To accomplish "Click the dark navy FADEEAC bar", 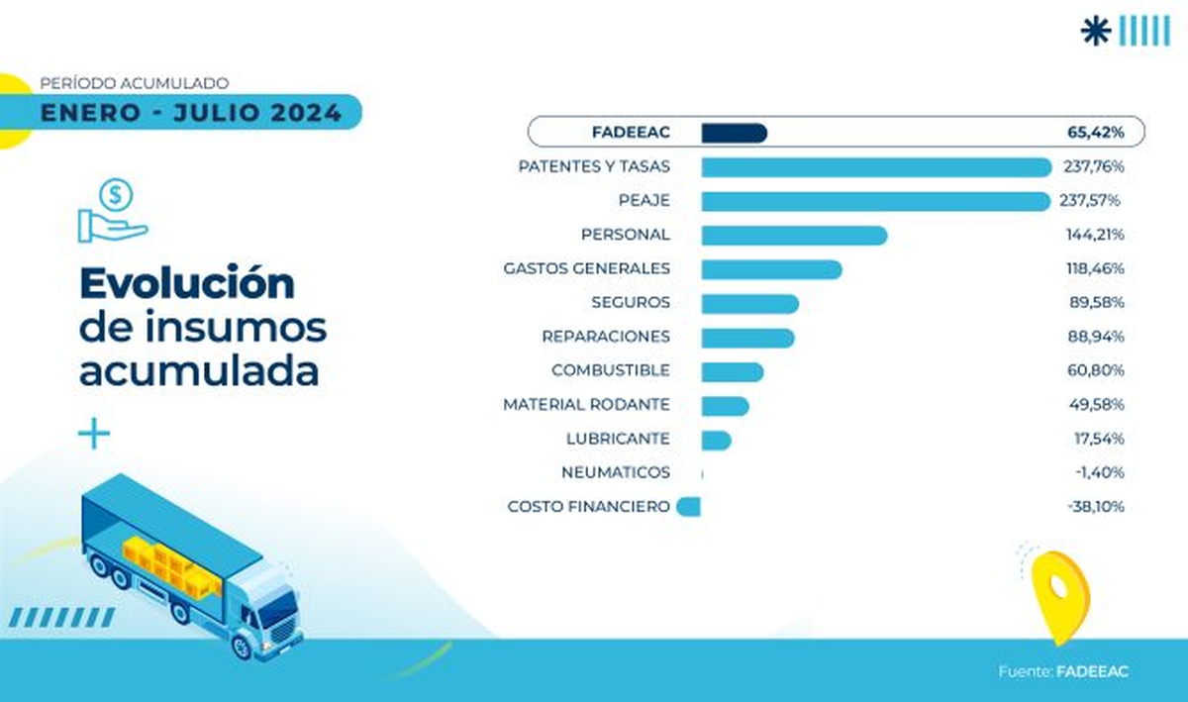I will pyautogui.click(x=734, y=133).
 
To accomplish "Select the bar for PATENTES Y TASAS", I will pyautogui.click(x=876, y=167).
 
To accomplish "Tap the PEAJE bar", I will pyautogui.click(x=875, y=201).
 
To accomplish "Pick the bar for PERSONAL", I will pyautogui.click(x=794, y=235).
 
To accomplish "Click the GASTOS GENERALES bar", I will pyautogui.click(x=771, y=269).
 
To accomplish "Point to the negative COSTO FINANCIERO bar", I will pyautogui.click(x=689, y=506).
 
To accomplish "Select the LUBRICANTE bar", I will pyautogui.click(x=716, y=439).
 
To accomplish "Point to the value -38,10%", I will pyautogui.click(x=1096, y=506).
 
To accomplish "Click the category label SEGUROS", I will pyautogui.click(x=631, y=303).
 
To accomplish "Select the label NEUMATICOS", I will pyautogui.click(x=615, y=473).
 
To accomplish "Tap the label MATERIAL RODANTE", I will pyautogui.click(x=586, y=405).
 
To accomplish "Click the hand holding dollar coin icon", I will pyautogui.click(x=113, y=211).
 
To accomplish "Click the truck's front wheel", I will pyautogui.click(x=242, y=647).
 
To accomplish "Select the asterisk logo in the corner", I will pyautogui.click(x=1096, y=31).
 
